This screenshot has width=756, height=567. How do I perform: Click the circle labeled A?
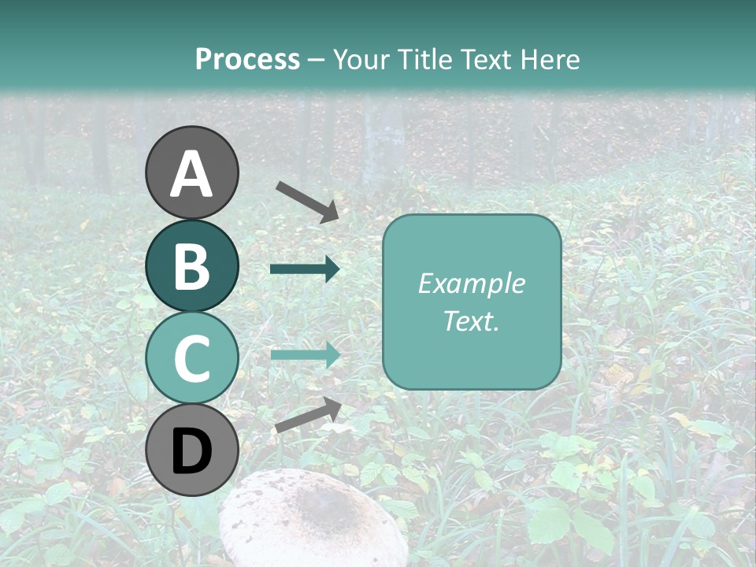[x=192, y=172]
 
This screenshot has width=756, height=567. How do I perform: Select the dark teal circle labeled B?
[x=192, y=266]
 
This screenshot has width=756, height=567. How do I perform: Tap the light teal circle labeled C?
[x=192, y=358]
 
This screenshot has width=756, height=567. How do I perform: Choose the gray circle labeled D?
[x=192, y=450]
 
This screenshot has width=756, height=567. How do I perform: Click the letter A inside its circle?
[x=192, y=174]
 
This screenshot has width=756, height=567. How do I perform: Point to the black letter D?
[x=192, y=452]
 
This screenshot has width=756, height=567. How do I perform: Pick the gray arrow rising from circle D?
[x=308, y=415]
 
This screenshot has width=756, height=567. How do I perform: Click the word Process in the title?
[x=247, y=59]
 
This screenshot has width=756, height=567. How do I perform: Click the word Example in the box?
[x=471, y=283]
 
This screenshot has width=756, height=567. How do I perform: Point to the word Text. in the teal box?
[x=471, y=321]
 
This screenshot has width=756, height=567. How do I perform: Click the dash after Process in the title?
[x=316, y=60]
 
